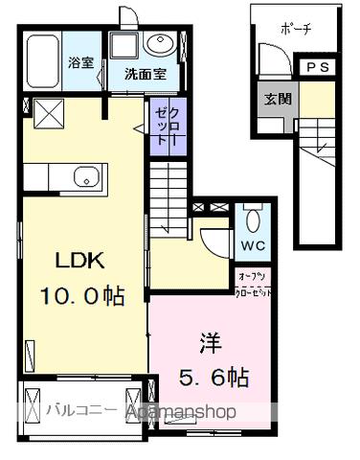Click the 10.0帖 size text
tap(82, 297)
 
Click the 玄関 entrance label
tap(280, 99)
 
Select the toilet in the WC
tap(252, 219)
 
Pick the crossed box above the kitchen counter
tap(46, 114)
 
